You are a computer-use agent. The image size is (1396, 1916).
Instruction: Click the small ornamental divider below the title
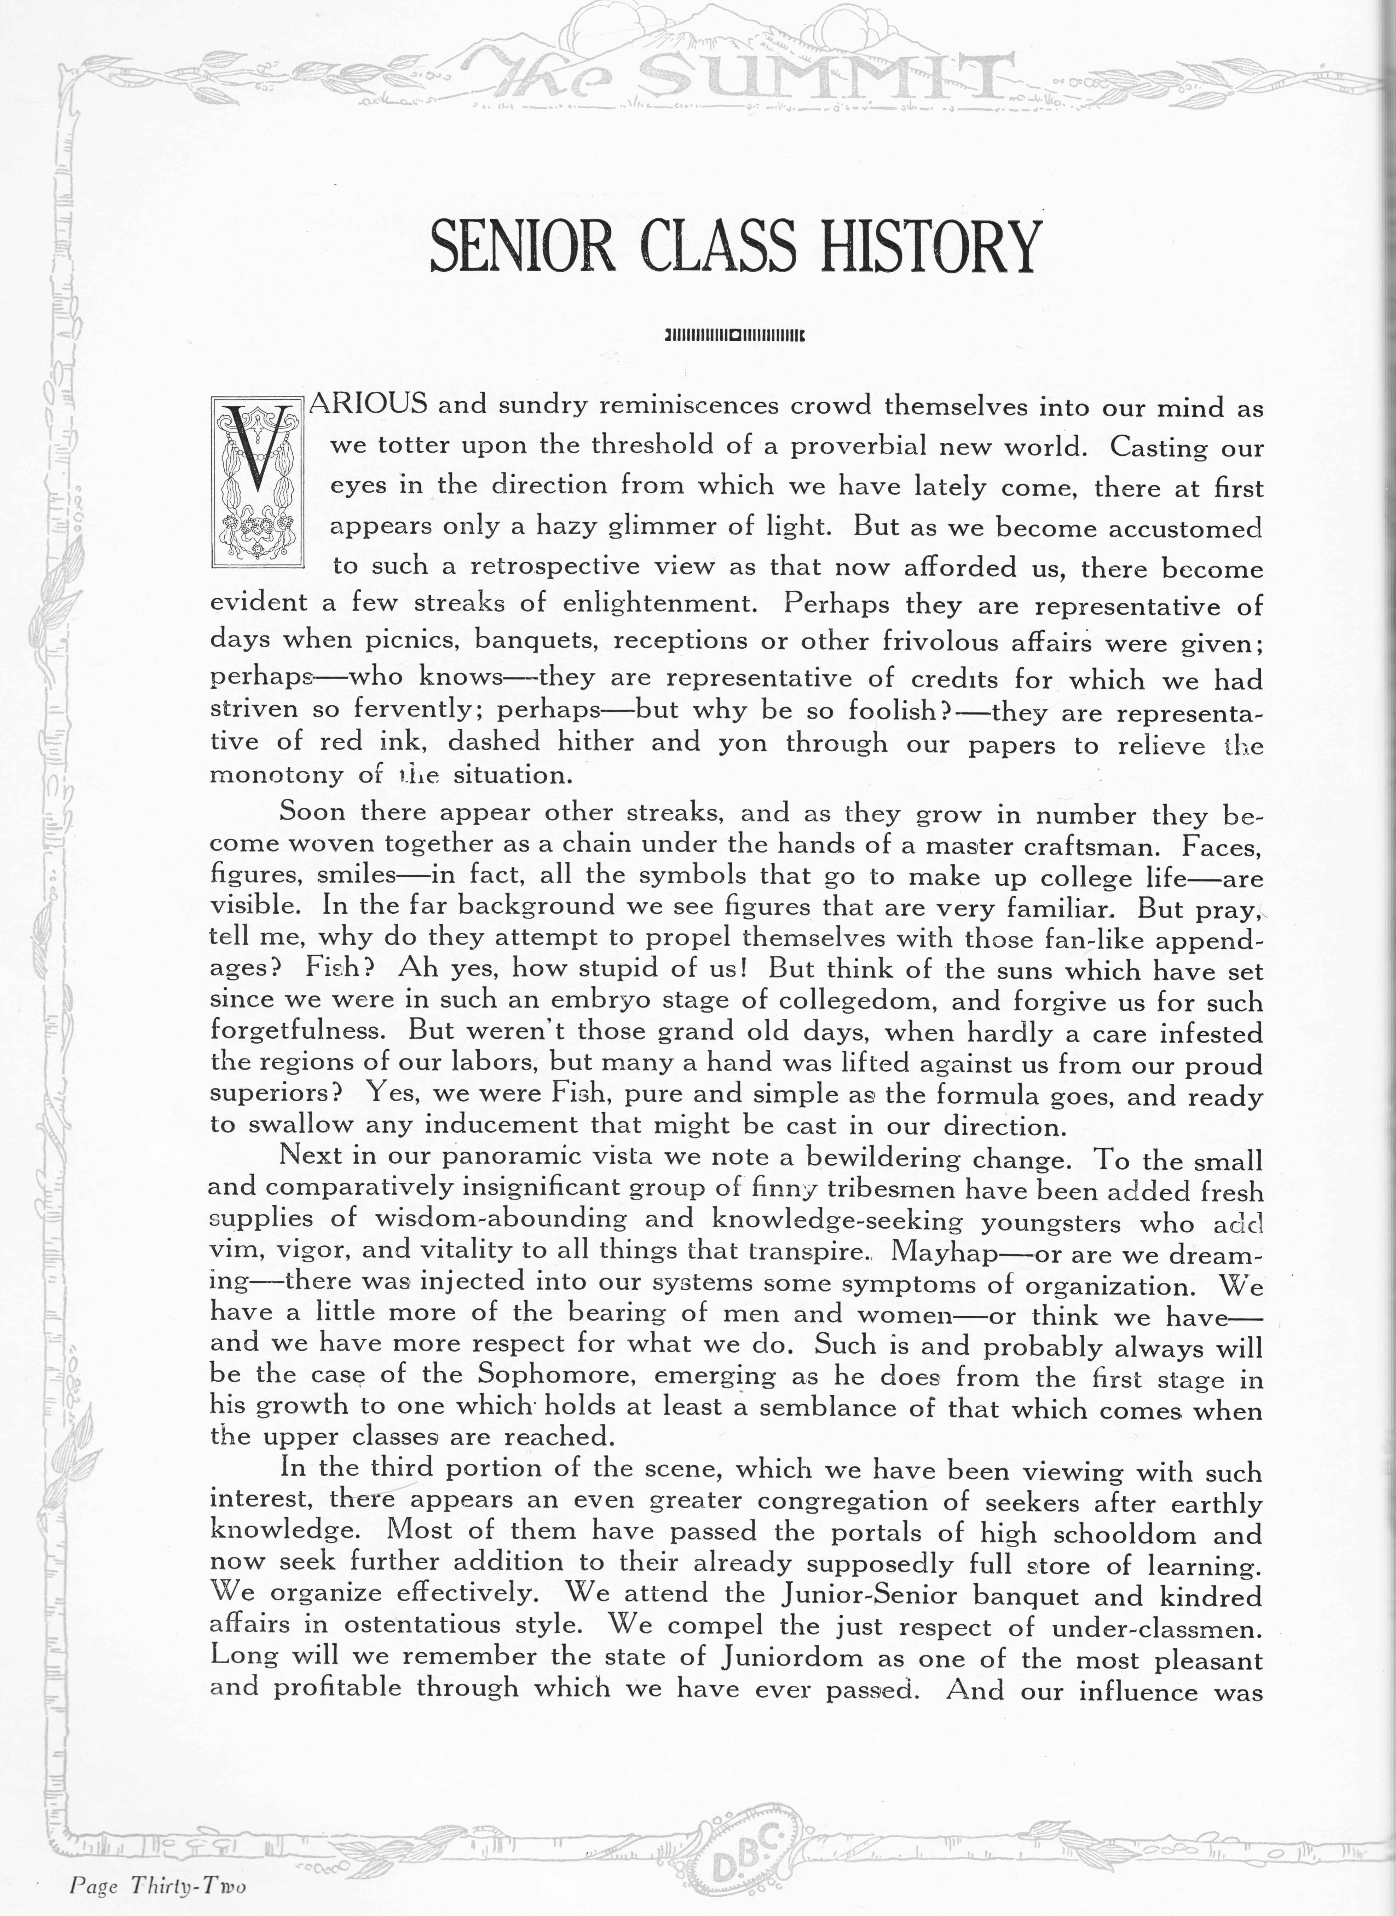734,334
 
